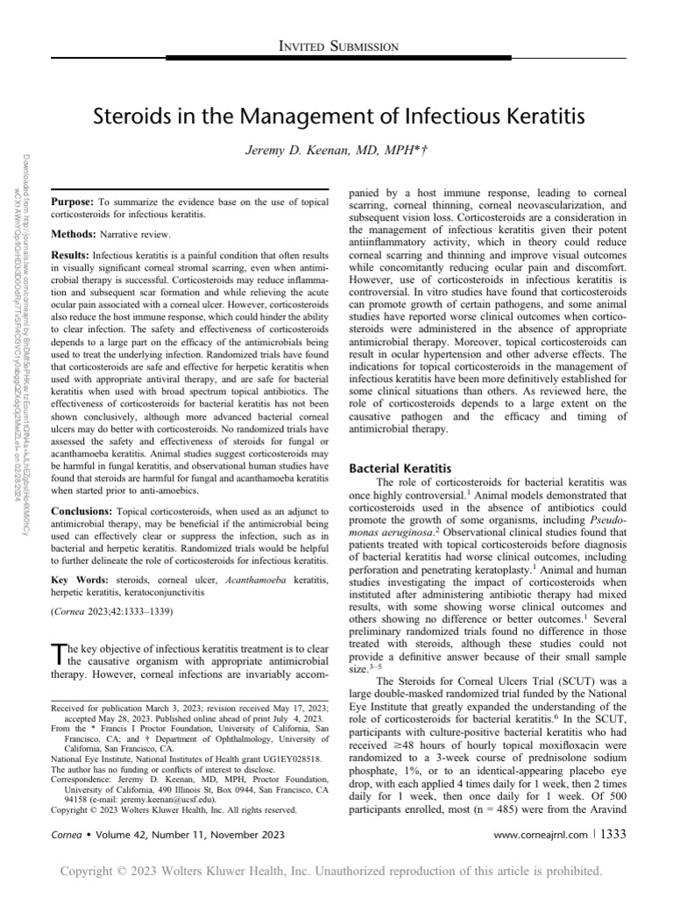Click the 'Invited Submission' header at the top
click(337, 46)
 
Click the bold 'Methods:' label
click(74, 235)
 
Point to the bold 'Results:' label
click(70, 252)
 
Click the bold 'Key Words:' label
click(80, 580)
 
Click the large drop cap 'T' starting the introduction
click(58, 653)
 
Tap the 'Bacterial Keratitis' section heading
click(400, 470)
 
